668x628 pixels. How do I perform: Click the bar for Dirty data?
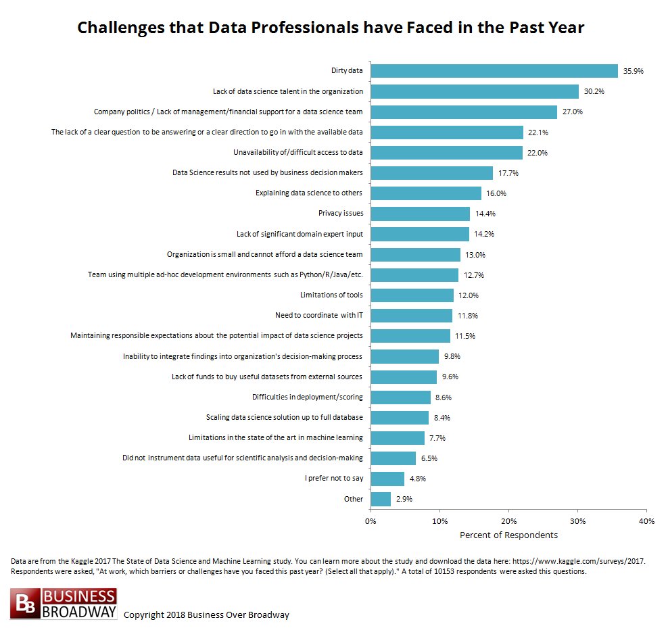click(x=494, y=71)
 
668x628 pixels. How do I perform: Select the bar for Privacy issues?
click(x=420, y=214)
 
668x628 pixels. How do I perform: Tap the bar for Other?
click(x=381, y=499)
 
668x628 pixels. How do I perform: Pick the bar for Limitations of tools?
click(x=412, y=295)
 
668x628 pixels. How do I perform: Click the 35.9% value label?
click(x=634, y=71)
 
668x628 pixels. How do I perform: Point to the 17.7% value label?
click(x=509, y=173)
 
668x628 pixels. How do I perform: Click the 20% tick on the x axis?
click(x=509, y=521)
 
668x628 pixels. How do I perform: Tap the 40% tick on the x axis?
click(x=646, y=521)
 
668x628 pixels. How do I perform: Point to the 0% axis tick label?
click(x=371, y=521)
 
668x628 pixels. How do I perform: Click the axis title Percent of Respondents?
click(x=508, y=535)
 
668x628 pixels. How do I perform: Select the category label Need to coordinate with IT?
click(x=318, y=315)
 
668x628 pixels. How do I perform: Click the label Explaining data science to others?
click(x=308, y=193)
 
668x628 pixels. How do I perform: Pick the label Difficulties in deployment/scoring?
click(x=307, y=397)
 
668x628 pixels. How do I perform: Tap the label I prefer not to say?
click(x=334, y=479)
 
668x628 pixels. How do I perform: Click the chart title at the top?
click(x=331, y=28)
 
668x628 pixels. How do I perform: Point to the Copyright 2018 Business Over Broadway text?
click(x=206, y=614)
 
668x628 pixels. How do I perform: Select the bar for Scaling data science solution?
click(x=400, y=417)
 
